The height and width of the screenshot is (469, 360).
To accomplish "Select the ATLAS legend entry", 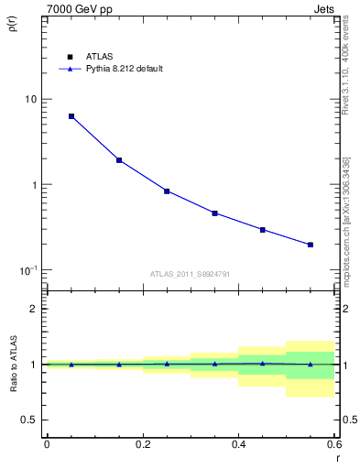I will click(x=87, y=56).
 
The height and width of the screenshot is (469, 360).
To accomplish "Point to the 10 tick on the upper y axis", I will click(x=31, y=99).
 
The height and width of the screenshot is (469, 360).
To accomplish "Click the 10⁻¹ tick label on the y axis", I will click(x=28, y=270).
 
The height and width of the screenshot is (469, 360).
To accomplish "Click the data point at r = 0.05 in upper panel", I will click(x=71, y=116).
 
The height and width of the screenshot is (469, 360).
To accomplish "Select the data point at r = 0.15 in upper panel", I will click(x=119, y=160).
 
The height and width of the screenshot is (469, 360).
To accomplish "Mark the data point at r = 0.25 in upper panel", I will click(x=167, y=191).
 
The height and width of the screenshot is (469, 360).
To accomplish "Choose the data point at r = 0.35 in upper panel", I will click(x=214, y=213).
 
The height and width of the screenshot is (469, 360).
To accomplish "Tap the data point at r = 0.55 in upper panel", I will click(x=311, y=245).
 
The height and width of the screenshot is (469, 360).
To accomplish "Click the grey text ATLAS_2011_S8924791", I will click(x=191, y=273).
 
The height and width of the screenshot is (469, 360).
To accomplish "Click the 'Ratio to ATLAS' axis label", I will click(x=13, y=364).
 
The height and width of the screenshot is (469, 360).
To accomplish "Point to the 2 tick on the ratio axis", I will click(x=35, y=309).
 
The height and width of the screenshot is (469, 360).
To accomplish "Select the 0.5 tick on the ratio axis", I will click(x=30, y=420).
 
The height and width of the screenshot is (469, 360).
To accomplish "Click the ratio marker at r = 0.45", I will click(x=263, y=364).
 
